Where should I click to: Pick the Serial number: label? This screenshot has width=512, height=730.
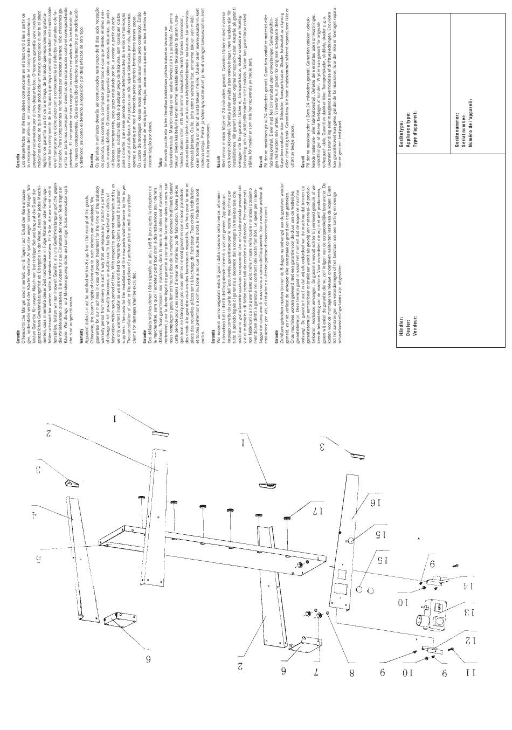pyautogui.click(x=462, y=112)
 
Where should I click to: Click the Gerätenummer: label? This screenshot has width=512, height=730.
pyautogui.click(x=456, y=112)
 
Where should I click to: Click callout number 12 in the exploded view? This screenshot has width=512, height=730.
pyautogui.click(x=467, y=641)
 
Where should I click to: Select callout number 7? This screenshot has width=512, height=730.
pyautogui.click(x=316, y=673)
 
